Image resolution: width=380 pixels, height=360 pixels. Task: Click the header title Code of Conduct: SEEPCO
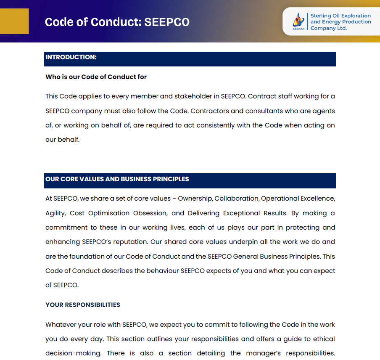tap(117, 22)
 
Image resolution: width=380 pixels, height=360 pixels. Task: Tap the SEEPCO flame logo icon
tap(298, 20)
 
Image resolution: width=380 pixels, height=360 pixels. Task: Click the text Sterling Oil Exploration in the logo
tap(340, 16)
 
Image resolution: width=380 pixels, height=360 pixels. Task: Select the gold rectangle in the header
tap(14, 21)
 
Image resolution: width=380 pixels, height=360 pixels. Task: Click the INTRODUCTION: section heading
tap(71, 57)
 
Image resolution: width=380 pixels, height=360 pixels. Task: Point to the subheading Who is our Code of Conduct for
tap(96, 77)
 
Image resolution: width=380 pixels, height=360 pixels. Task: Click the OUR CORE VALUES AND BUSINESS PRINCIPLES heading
tap(117, 179)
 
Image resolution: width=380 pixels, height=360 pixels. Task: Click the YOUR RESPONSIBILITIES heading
tap(83, 305)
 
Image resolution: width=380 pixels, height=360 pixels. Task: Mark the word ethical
tap(323, 339)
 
